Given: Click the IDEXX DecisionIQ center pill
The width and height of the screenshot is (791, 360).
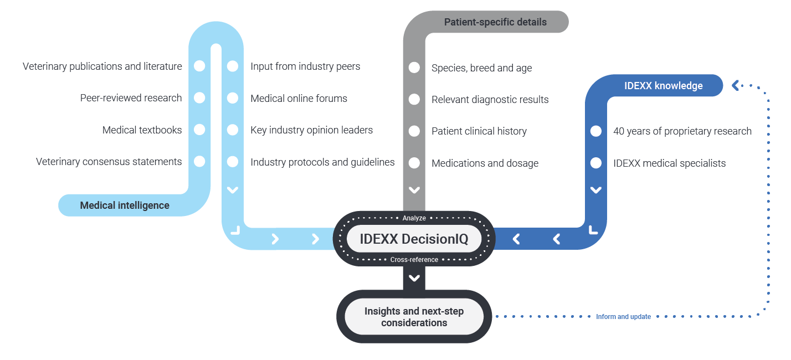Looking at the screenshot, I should click(x=414, y=239).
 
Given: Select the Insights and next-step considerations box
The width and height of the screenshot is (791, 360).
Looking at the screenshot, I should click(x=414, y=317).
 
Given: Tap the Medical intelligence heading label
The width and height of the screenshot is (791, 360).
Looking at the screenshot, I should click(x=125, y=205).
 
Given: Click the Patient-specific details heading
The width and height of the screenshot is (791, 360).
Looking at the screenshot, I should click(x=495, y=22).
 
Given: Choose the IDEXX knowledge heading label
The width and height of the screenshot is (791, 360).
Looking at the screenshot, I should click(x=663, y=86).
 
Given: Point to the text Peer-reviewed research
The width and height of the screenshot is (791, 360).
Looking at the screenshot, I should click(x=131, y=98).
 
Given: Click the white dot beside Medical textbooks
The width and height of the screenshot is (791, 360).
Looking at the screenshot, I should click(x=199, y=130).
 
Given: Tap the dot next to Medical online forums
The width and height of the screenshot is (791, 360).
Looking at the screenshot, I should click(x=233, y=98).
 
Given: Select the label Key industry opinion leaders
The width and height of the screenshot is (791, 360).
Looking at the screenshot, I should click(x=311, y=130).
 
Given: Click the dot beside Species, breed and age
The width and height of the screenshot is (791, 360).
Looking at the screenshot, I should click(x=414, y=68).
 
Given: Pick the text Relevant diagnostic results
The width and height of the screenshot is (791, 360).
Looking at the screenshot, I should click(x=490, y=100).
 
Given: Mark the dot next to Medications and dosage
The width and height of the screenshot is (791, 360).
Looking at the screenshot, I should click(x=414, y=163).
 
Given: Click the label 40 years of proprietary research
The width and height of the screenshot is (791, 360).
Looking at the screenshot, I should click(x=682, y=131).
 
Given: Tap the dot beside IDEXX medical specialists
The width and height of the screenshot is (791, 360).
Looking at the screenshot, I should click(x=596, y=163).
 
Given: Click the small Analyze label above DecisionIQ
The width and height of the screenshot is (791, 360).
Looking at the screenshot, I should click(x=414, y=218).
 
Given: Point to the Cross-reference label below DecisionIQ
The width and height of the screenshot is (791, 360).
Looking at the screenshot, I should click(x=414, y=260).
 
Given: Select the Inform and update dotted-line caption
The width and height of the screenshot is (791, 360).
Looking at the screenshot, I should click(x=623, y=317).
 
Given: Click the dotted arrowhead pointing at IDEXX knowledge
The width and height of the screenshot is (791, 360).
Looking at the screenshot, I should click(x=736, y=85).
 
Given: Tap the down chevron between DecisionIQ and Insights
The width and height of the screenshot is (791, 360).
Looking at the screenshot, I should click(x=414, y=278).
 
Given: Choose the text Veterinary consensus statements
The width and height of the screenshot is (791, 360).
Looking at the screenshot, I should click(x=109, y=162).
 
